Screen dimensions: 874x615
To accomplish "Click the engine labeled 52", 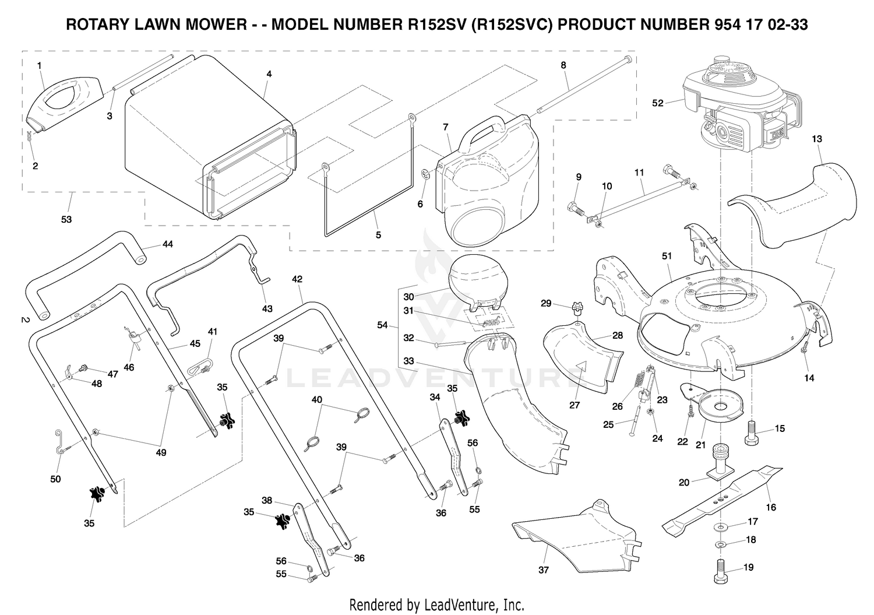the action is click(x=741, y=106).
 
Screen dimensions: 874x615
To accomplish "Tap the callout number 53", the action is click(x=66, y=219).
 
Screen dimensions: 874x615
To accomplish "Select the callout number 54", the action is click(x=382, y=324).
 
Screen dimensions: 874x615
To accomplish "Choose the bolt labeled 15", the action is click(x=752, y=433).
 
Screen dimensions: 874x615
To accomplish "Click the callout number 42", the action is click(x=297, y=279).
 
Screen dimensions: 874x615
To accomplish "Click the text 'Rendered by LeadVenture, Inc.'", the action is click(x=436, y=605).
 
